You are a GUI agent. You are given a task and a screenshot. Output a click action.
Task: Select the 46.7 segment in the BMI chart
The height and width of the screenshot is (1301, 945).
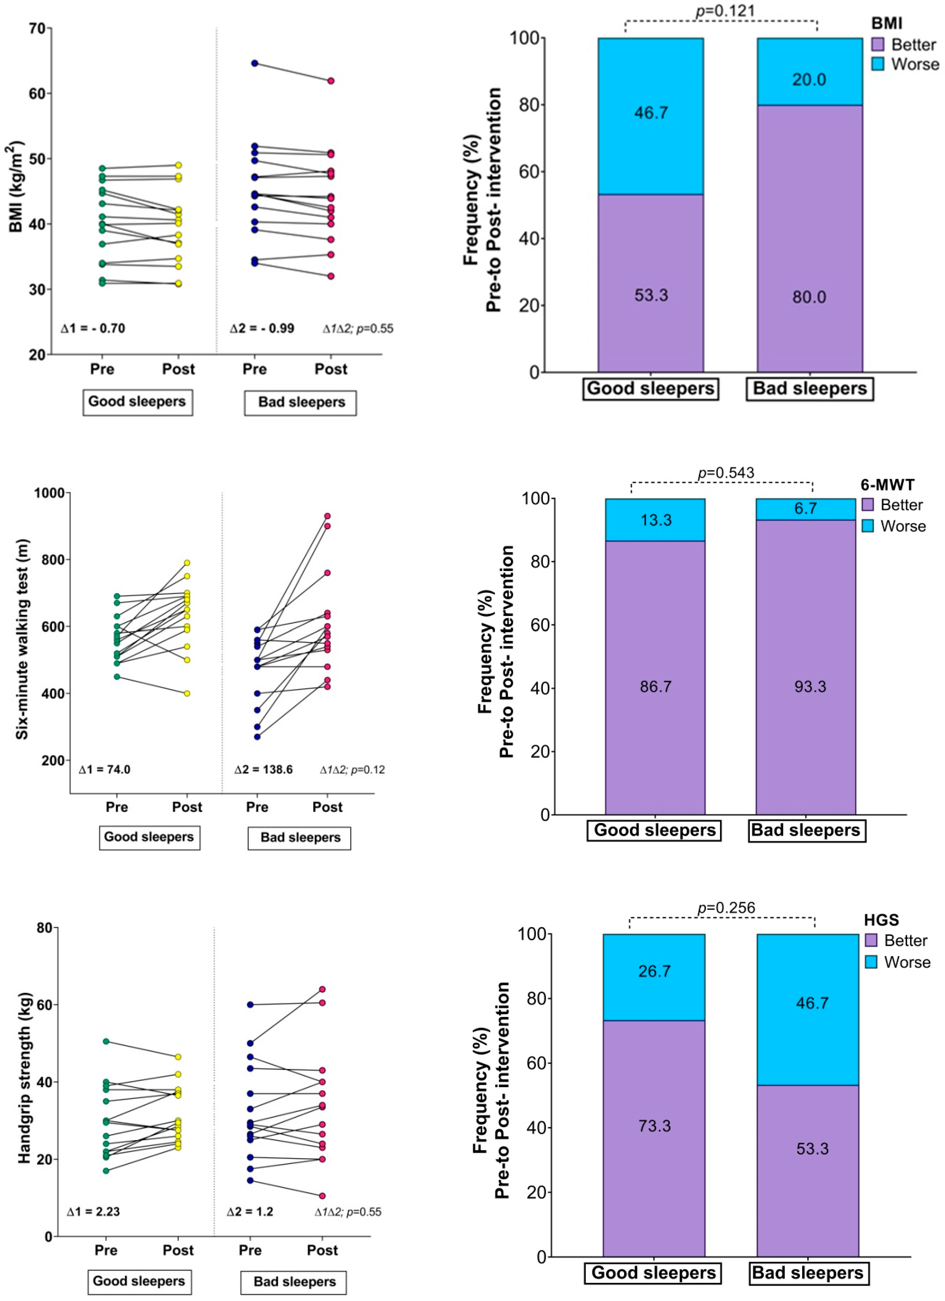[651, 112]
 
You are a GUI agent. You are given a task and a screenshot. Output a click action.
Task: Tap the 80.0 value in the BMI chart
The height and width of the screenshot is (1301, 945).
[809, 297]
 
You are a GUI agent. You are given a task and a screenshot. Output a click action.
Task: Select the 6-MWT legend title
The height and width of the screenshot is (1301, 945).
[886, 485]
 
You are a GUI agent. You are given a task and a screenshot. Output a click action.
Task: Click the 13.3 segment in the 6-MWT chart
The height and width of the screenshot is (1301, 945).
[655, 520]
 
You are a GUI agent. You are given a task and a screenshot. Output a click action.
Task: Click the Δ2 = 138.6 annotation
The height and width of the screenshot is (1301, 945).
[263, 769]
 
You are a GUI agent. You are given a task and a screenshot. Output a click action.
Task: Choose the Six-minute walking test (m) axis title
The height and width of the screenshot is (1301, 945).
[22, 639]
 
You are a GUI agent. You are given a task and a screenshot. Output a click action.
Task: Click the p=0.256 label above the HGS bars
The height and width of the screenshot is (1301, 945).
[726, 908]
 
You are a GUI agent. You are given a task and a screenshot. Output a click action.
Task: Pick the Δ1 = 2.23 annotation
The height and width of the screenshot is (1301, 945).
[93, 1211]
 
